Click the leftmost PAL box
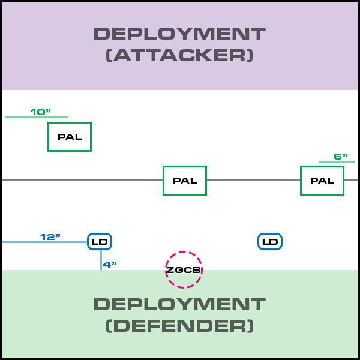point(70,137)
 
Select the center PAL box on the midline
point(185,181)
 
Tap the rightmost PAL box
point(322,181)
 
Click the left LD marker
point(100,242)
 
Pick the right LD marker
point(270,242)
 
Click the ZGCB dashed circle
point(184,270)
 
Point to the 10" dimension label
point(41,112)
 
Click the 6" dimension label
point(341,157)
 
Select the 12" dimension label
point(50,236)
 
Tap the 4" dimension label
point(110,264)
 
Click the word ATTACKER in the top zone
point(179,56)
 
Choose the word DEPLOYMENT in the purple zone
point(179,34)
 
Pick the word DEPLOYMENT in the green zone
point(179,304)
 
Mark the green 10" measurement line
point(37,117)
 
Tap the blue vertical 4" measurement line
point(101,260)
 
